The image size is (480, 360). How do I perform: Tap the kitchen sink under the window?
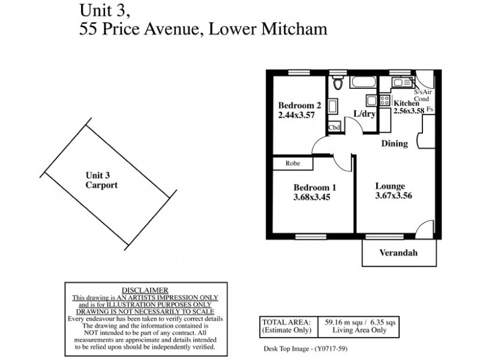click(x=397, y=83)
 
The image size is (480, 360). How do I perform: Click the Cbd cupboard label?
click(x=334, y=128)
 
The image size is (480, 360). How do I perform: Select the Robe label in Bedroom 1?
click(x=293, y=163)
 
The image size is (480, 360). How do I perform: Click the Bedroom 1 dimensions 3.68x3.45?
click(x=312, y=197)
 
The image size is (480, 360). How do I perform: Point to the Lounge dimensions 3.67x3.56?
click(x=394, y=195)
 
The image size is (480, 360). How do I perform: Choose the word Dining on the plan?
click(x=395, y=144)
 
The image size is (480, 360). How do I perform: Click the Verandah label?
click(x=398, y=253)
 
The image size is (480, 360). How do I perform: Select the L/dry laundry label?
click(x=364, y=115)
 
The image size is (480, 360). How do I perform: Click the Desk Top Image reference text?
click(x=305, y=349)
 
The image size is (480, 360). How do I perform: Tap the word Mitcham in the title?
click(x=293, y=29)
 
